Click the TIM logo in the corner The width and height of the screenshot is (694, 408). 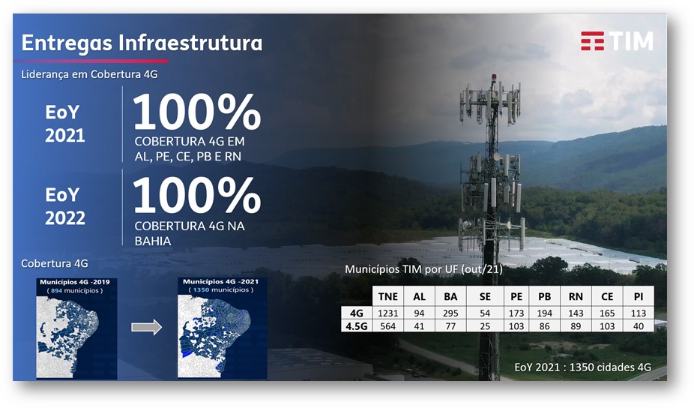(x=616, y=41)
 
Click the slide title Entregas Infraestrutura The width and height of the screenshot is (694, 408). (x=142, y=43)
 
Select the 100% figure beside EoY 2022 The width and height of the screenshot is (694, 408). (x=196, y=197)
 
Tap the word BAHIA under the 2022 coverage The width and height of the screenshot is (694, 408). (x=153, y=241)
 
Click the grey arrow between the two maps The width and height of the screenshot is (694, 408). (x=146, y=327)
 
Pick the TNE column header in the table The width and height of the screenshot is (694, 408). (x=388, y=296)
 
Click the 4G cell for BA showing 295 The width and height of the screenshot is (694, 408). (x=451, y=313)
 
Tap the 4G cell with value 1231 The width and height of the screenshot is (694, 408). (x=388, y=313)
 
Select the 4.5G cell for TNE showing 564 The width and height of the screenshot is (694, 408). (x=388, y=325)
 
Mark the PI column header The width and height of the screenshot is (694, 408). (x=639, y=296)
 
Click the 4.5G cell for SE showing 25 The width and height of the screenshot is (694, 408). (x=484, y=325)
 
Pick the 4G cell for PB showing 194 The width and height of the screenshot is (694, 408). (x=544, y=313)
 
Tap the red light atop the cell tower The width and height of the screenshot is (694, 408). (x=493, y=77)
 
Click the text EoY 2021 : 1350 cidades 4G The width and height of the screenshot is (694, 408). (x=582, y=367)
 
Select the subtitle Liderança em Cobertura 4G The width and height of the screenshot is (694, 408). (x=88, y=74)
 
